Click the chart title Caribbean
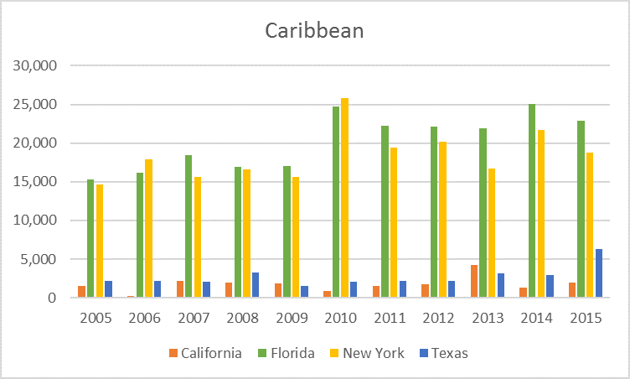tap(314, 31)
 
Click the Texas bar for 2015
tap(599, 273)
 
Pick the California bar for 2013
tap(474, 281)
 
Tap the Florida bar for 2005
tap(90, 238)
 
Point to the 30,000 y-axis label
tap(34, 66)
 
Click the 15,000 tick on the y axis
tap(34, 182)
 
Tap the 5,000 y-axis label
tap(38, 259)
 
